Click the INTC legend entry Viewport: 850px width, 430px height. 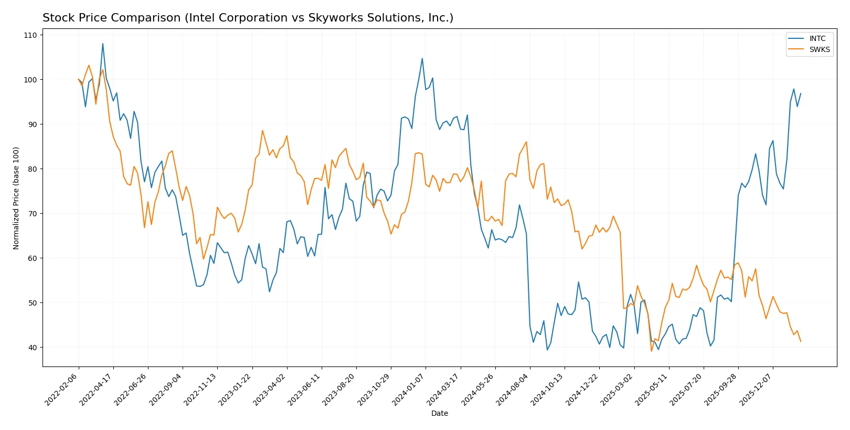tap(817, 39)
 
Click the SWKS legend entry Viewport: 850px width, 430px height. tap(819, 50)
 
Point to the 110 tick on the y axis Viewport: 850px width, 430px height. tap(30, 35)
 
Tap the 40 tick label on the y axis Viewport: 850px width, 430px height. tap(33, 348)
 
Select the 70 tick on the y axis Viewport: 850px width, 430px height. tap(33, 214)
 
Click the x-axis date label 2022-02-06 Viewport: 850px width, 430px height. tap(61, 389)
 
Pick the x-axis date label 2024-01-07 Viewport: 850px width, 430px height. tap(409, 389)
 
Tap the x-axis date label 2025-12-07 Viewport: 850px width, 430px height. tap(756, 389)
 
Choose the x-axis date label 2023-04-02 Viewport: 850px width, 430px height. tap(270, 389)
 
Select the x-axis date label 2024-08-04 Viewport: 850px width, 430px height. tap(513, 389)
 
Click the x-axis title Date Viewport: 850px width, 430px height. tap(439, 414)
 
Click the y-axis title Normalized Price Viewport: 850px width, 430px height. tap(16, 198)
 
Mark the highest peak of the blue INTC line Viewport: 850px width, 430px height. tap(103, 44)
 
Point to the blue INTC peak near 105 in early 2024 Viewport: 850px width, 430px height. tap(422, 58)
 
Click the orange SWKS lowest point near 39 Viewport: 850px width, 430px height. tap(651, 351)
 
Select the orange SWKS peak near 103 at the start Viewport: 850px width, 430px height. tap(89, 66)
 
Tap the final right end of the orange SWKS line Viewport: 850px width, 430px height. tap(800, 342)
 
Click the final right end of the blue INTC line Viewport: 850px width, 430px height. tap(800, 93)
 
